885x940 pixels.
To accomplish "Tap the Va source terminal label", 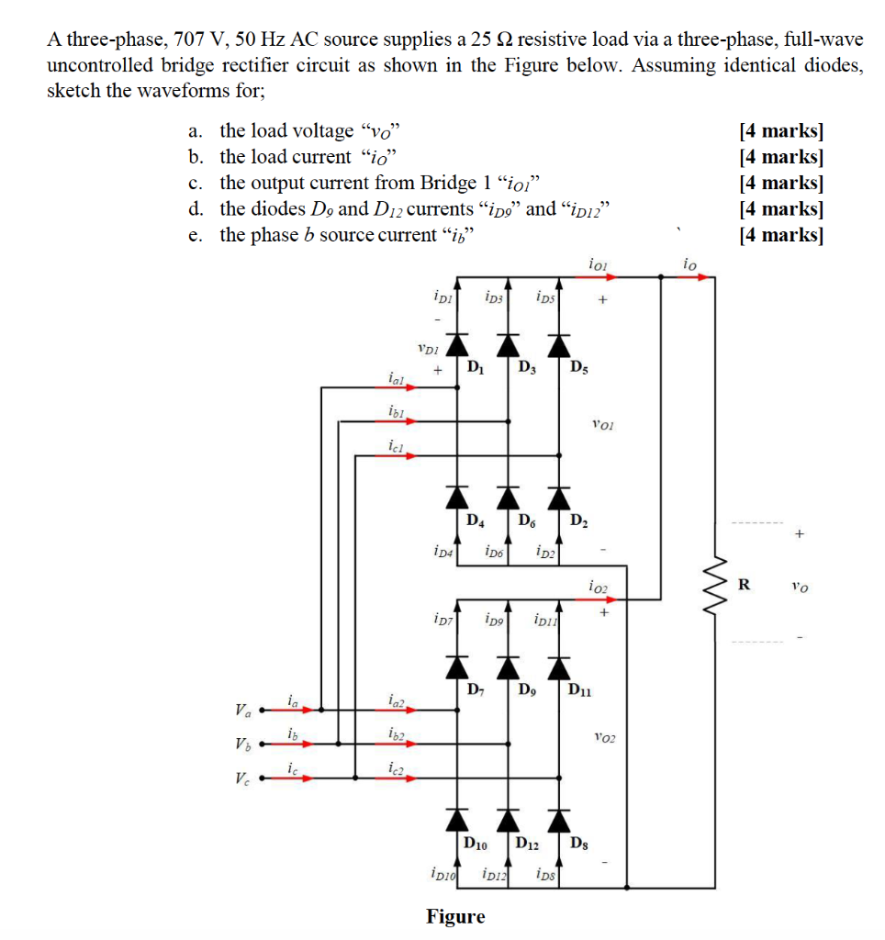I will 242,710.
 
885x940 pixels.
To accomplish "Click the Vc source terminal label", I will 242,779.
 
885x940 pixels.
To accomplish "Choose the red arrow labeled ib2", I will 396,744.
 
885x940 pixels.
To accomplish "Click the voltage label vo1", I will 603,424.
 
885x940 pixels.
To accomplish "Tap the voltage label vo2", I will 603,737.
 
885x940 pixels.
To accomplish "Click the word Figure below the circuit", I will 455,915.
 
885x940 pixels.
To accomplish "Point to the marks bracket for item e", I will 780,235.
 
